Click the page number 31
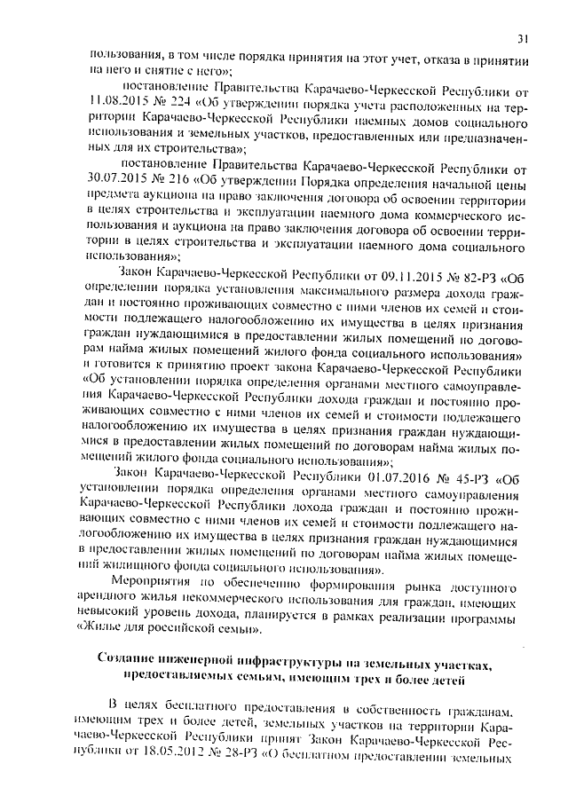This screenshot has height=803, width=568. point(523,38)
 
